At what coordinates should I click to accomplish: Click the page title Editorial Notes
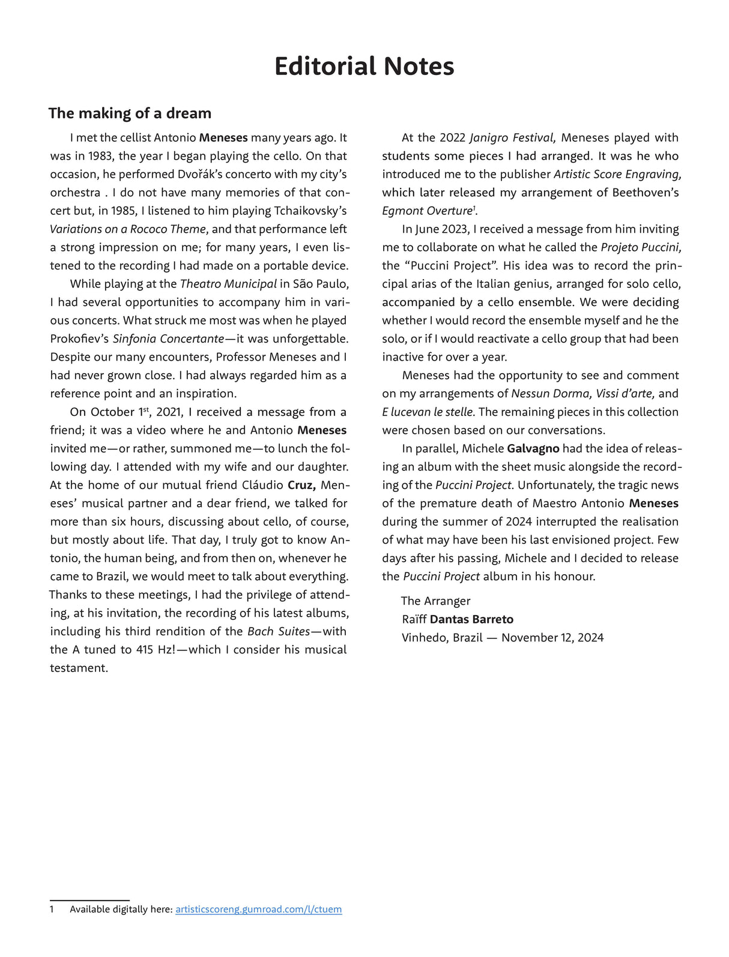(364, 67)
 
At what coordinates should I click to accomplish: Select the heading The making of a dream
(130, 113)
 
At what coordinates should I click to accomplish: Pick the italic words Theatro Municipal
(228, 284)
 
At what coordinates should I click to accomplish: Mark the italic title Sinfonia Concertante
(168, 339)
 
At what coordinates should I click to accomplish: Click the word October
(112, 412)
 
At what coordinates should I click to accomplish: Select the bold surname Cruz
(301, 485)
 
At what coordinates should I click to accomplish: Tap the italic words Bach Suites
(279, 632)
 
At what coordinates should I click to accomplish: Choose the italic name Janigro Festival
(512, 138)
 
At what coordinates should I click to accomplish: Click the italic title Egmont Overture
(427, 211)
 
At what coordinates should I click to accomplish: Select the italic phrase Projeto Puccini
(641, 248)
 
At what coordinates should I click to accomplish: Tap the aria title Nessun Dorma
(551, 394)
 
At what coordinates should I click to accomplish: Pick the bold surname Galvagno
(533, 449)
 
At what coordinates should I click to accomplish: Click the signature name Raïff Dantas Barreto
(458, 620)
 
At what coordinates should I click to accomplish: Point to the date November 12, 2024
(552, 638)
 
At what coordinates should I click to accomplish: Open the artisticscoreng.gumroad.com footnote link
(258, 910)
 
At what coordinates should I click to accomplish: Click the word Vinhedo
(424, 638)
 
